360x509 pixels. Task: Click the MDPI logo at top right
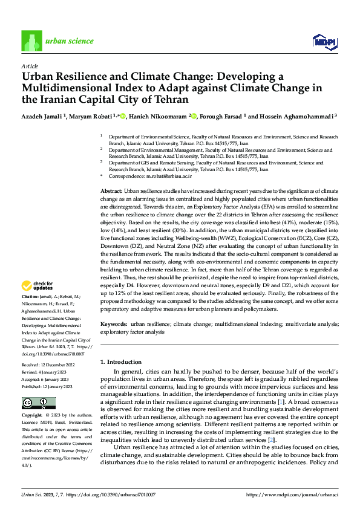point(324,41)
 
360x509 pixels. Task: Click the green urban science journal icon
point(31,41)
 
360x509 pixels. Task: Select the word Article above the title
point(29,65)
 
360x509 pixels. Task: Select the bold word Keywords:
point(113,325)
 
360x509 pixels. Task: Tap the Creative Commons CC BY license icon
point(38,403)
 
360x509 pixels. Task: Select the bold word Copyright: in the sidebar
point(32,416)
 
